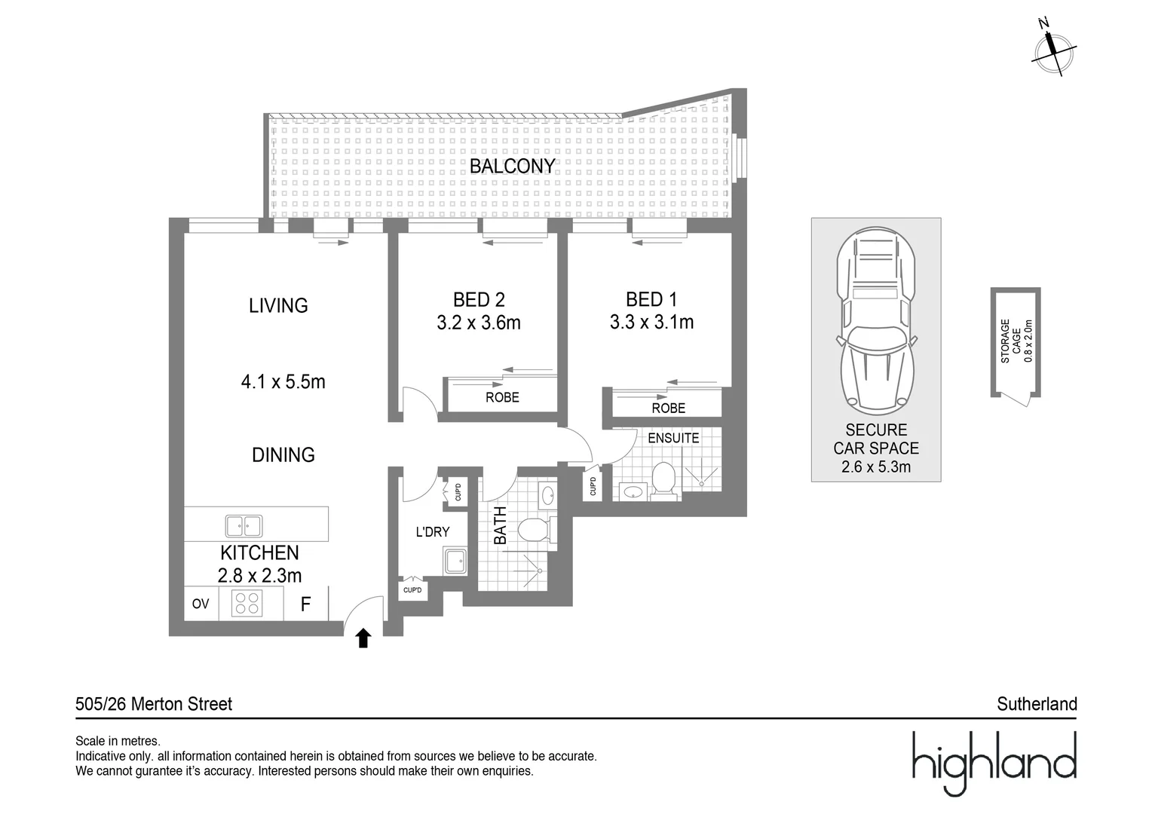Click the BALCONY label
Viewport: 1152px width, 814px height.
[512, 166]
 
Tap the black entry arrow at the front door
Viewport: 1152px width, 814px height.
[363, 638]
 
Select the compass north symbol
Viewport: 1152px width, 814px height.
[1053, 47]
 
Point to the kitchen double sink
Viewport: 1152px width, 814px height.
[244, 525]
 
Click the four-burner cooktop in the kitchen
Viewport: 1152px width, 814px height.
[247, 604]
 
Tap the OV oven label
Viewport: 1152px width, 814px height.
[201, 604]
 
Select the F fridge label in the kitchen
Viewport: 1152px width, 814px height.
[305, 604]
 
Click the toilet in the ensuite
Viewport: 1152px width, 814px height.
[663, 480]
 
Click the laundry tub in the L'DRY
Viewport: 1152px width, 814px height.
[455, 562]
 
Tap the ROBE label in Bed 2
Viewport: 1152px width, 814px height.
[502, 397]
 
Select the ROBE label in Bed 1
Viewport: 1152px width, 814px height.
[668, 408]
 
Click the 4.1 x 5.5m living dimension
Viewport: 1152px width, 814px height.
[283, 382]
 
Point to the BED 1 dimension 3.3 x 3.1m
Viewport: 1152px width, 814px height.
[651, 323]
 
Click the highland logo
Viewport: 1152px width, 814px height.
[994, 763]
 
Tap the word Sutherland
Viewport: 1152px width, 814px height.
[1037, 704]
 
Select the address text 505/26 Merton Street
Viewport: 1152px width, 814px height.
[154, 704]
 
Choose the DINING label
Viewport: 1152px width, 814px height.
[283, 454]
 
